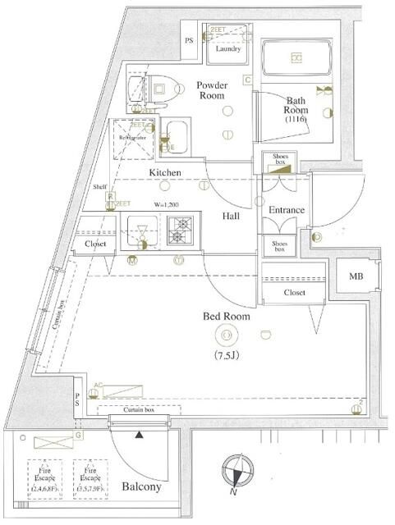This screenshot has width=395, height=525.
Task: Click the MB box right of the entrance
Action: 356,276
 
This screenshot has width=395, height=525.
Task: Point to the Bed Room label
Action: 227,316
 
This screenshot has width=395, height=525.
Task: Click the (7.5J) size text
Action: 227,356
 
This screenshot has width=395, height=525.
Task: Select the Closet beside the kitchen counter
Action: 97,244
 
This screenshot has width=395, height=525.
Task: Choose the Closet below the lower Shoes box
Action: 294,292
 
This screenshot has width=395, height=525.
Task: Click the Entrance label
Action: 286,210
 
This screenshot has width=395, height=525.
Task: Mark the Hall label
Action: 230,217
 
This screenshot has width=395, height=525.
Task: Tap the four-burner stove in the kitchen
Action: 180,231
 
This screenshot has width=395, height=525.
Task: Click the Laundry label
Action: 228,49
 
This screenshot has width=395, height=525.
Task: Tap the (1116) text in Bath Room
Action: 296,119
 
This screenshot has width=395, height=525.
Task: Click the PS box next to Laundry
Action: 190,40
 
